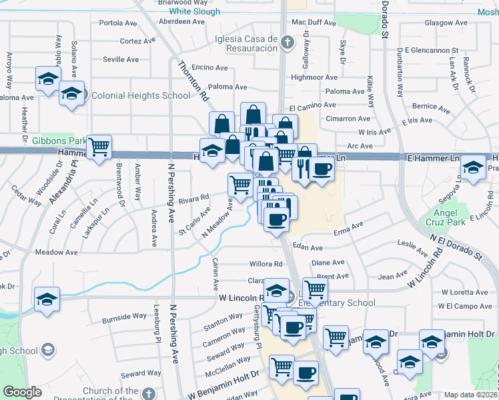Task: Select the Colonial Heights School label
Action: pyautogui.click(x=141, y=95)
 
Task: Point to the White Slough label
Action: pyautogui.click(x=195, y=11)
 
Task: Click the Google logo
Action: pyautogui.click(x=21, y=392)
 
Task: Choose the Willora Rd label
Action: pyautogui.click(x=266, y=263)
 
